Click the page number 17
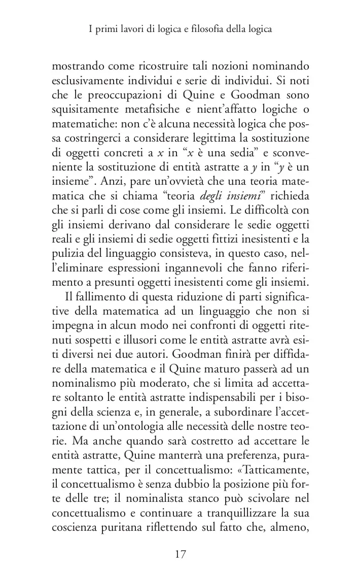click(179, 554)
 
